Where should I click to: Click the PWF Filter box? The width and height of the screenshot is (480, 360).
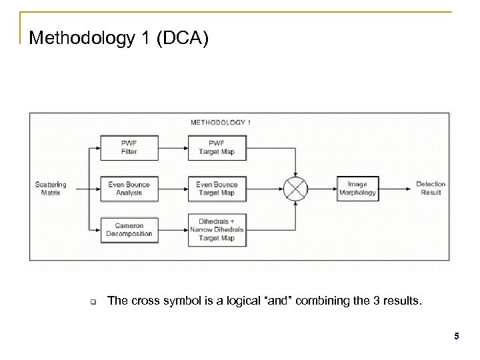129,147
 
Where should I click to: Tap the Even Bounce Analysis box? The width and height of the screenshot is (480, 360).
129,188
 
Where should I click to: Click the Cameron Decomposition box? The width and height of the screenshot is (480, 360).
129,229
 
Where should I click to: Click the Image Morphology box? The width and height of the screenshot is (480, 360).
357,188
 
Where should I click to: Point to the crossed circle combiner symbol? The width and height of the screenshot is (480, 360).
295,188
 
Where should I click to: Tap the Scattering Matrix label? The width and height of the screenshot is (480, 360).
51,188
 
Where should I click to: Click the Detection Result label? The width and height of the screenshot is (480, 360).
431,188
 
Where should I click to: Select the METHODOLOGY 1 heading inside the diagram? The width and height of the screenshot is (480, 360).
221,122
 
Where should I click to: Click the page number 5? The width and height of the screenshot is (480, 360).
456,337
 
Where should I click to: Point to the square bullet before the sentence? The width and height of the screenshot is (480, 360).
94,301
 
